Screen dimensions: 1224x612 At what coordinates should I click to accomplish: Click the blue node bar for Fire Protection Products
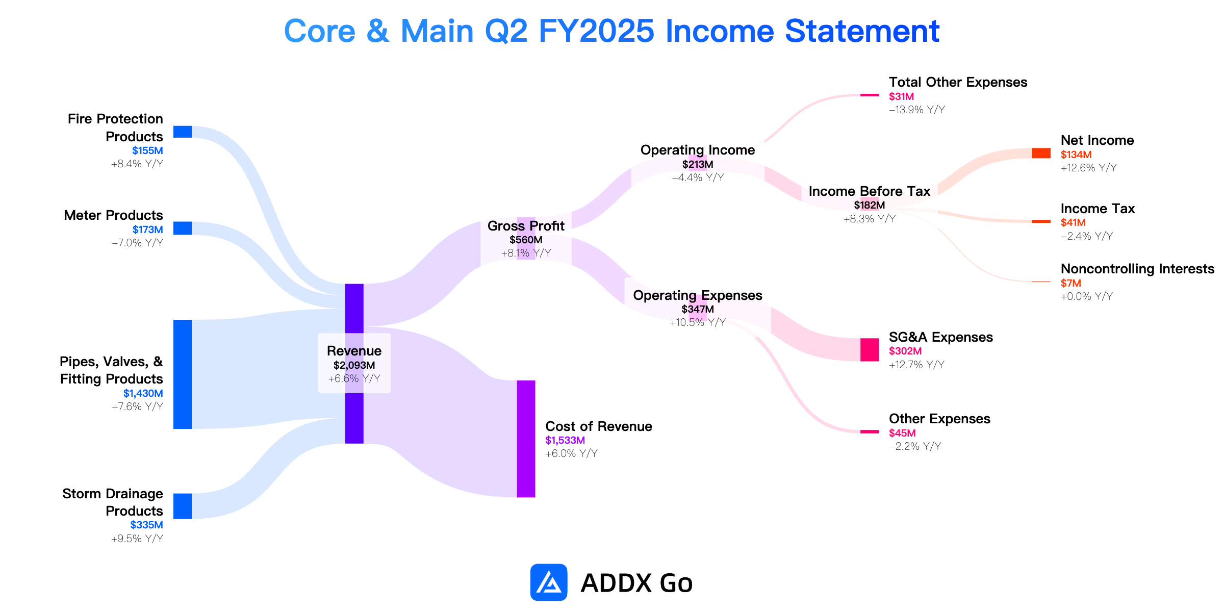(x=183, y=132)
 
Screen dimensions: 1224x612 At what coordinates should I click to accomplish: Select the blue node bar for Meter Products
(x=183, y=228)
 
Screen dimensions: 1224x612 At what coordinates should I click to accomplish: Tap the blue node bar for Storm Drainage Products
(x=183, y=506)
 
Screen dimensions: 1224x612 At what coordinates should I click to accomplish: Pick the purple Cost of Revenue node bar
(x=526, y=439)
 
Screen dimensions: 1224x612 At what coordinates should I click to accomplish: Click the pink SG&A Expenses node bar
(x=870, y=350)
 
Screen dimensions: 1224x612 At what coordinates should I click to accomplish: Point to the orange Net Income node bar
(x=1041, y=153)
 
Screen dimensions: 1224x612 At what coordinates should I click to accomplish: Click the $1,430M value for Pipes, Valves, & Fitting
(x=143, y=393)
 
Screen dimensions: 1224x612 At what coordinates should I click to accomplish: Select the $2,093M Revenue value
(x=354, y=365)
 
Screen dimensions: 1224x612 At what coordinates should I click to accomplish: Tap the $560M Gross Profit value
(x=526, y=240)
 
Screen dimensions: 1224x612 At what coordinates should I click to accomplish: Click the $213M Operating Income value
(x=698, y=164)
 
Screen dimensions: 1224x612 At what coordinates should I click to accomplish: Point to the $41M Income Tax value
(x=1073, y=222)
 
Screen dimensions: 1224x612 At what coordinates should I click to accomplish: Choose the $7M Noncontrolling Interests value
(x=1071, y=283)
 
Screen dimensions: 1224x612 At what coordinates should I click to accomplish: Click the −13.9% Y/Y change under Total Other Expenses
(x=917, y=110)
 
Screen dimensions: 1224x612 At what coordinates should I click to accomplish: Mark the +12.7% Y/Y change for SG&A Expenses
(x=916, y=365)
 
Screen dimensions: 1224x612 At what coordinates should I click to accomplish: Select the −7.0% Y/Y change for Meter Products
(x=138, y=243)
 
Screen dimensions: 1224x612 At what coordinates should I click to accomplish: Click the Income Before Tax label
(x=870, y=191)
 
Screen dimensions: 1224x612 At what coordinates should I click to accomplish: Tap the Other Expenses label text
(x=939, y=419)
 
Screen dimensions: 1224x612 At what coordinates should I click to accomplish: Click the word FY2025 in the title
(x=596, y=31)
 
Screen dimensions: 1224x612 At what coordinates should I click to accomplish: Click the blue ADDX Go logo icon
(x=549, y=582)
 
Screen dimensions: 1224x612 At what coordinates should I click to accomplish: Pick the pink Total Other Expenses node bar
(x=870, y=95)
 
